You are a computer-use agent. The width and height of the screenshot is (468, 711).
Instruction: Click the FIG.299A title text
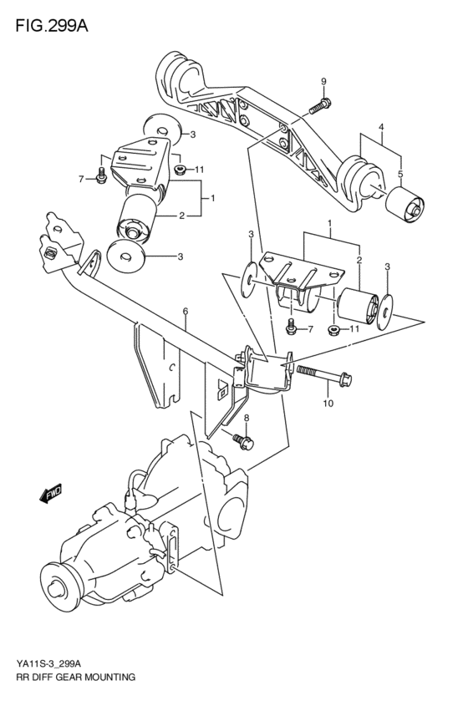(x=52, y=26)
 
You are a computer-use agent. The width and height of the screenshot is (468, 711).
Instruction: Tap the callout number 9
(x=323, y=82)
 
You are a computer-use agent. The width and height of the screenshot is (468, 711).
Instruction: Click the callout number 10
(x=328, y=403)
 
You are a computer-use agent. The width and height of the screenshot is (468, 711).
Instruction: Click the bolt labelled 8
(x=243, y=440)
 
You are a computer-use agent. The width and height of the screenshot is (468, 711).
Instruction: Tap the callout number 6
(x=186, y=311)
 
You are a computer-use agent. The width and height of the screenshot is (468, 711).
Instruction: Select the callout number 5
(x=400, y=173)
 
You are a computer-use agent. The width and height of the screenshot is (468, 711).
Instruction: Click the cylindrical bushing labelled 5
(x=404, y=206)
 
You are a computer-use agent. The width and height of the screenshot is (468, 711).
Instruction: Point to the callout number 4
(x=381, y=127)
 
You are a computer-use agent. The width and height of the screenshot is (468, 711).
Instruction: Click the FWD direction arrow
(x=50, y=494)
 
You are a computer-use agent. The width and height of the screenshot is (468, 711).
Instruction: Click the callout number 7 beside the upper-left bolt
(x=81, y=180)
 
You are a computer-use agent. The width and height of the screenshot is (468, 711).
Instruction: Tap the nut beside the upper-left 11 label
(x=180, y=170)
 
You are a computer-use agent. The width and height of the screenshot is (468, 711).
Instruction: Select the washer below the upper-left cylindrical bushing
(x=126, y=256)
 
